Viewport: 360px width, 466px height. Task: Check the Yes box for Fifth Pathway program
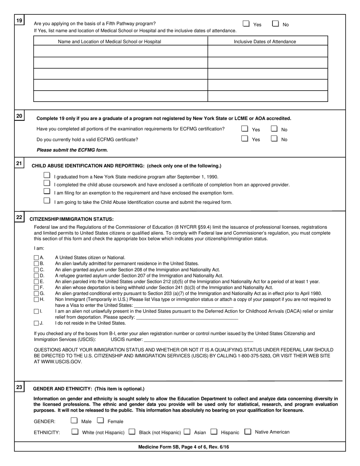coord(246,23)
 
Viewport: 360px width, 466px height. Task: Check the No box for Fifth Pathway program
coord(275,23)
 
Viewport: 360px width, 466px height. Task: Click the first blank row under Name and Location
coord(121,51)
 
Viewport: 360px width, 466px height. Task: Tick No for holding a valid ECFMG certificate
coord(274,139)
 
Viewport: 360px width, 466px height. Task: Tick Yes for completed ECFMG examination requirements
coord(245,129)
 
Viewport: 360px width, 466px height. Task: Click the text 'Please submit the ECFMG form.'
coord(72,150)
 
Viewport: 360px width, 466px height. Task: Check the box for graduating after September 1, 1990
coord(47,175)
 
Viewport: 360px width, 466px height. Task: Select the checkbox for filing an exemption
coord(47,192)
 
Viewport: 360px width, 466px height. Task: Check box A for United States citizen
coord(36,258)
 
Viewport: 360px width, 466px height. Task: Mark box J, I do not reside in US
coord(36,323)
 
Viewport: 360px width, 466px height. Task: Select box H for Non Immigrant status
coord(36,299)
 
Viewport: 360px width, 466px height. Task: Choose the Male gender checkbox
coord(74,420)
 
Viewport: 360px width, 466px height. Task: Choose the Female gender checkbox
coord(100,420)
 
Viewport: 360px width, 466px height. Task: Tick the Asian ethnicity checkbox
coord(187,431)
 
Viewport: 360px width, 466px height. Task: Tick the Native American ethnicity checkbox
coord(248,431)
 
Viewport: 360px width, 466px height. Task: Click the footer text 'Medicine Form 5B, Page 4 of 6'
coord(183,447)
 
